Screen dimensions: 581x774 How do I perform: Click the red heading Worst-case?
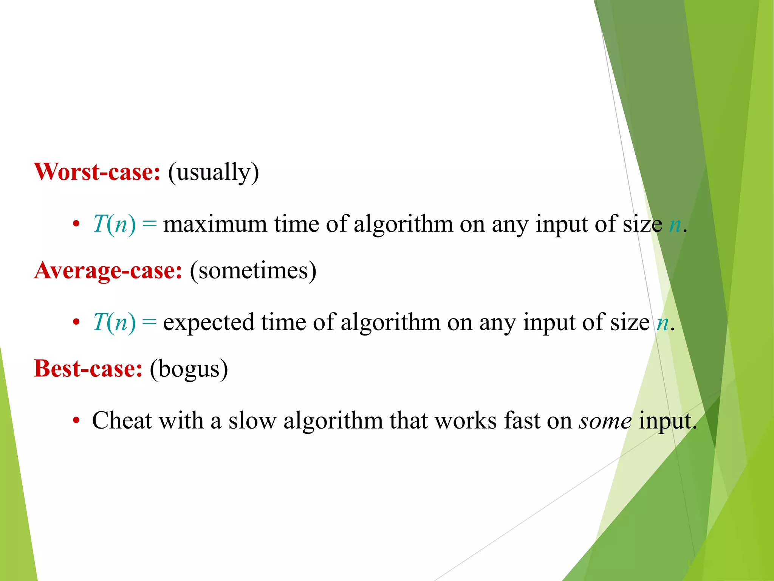point(97,172)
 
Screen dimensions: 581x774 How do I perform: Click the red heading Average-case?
point(108,271)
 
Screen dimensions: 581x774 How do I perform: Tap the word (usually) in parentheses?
point(214,172)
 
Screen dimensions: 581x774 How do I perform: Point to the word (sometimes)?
point(253,271)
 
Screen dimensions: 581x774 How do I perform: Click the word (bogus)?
point(189,369)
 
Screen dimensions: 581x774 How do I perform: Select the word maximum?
point(215,224)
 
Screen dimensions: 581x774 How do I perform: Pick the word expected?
point(209,323)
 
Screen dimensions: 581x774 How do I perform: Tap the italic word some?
point(605,421)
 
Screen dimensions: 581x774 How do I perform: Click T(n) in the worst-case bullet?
point(114,224)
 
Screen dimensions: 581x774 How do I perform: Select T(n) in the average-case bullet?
point(114,323)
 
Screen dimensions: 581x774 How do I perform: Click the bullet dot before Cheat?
point(76,421)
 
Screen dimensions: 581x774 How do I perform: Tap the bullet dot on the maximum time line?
point(76,224)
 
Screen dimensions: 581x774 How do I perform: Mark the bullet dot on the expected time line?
point(76,323)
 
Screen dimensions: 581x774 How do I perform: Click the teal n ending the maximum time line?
point(675,225)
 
